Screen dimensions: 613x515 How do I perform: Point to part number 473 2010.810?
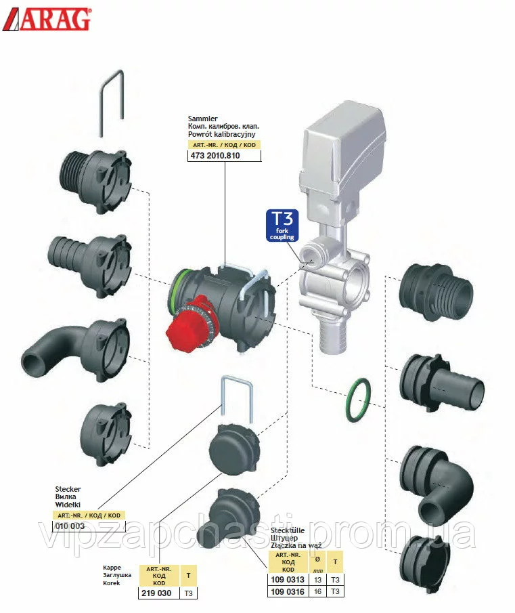point(214,156)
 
